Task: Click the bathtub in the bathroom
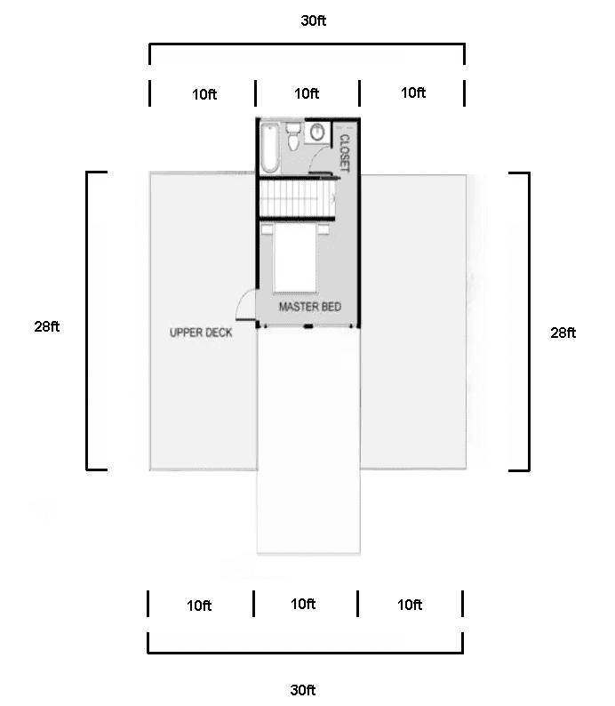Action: tap(269, 148)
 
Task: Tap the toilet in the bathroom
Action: tap(294, 139)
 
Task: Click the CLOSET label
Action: tap(344, 153)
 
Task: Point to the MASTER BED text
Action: tap(309, 307)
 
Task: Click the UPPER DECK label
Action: tap(201, 333)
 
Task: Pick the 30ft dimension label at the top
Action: tap(313, 20)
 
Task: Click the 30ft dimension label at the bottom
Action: tap(302, 689)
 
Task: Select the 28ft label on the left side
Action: tap(47, 326)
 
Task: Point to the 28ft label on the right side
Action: tap(563, 333)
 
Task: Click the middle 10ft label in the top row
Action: tap(307, 93)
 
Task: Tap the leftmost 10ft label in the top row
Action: tap(204, 94)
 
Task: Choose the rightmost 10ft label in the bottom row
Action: tap(409, 606)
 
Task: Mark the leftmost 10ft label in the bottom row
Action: tap(199, 606)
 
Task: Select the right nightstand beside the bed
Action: tap(323, 229)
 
